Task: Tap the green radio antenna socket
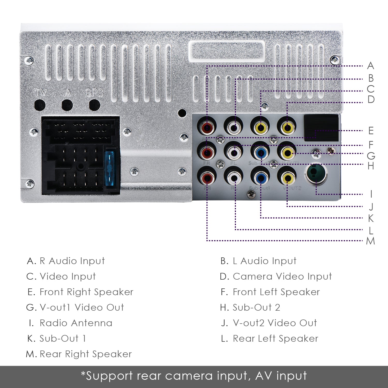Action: click(x=316, y=174)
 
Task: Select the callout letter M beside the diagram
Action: click(x=370, y=241)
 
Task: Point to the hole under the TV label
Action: click(x=40, y=105)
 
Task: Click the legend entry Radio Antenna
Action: click(x=76, y=323)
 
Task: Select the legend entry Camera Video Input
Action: click(x=282, y=277)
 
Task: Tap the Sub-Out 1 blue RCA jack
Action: click(x=260, y=177)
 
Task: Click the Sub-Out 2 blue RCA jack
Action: click(x=260, y=153)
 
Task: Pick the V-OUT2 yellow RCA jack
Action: click(x=287, y=177)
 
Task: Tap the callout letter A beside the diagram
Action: click(x=370, y=66)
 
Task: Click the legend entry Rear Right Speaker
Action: click(x=85, y=354)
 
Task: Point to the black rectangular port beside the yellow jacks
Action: click(x=321, y=128)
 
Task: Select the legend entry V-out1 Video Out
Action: click(x=81, y=308)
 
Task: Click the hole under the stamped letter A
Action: click(x=67, y=105)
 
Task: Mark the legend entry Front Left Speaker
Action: click(x=276, y=292)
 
